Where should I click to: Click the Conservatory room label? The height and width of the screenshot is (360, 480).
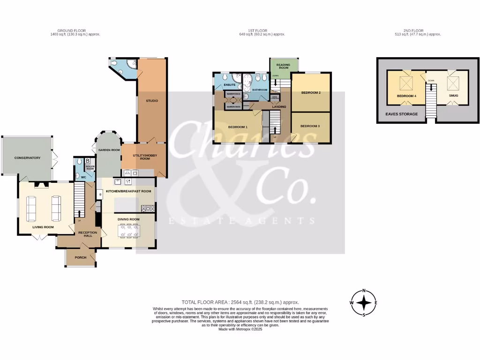(27, 158)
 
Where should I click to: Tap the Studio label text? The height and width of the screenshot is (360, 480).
(151, 101)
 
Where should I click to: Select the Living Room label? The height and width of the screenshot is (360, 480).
(43, 227)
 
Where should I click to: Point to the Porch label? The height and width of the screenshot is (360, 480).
(81, 257)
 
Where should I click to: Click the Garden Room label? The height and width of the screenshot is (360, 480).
(106, 150)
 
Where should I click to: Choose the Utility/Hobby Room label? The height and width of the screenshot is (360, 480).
(145, 157)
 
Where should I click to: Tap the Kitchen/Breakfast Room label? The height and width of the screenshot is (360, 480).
(128, 191)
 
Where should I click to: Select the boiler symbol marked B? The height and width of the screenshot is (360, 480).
(88, 161)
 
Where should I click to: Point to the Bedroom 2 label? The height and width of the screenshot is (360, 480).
(311, 93)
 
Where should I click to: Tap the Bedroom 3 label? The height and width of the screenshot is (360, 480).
(310, 126)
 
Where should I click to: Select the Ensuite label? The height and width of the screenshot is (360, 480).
(230, 85)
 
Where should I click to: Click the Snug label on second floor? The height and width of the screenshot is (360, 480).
(453, 96)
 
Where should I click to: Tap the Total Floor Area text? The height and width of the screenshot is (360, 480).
(240, 302)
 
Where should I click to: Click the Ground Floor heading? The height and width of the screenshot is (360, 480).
(75, 30)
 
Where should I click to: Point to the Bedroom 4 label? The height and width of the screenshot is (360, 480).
(406, 96)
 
